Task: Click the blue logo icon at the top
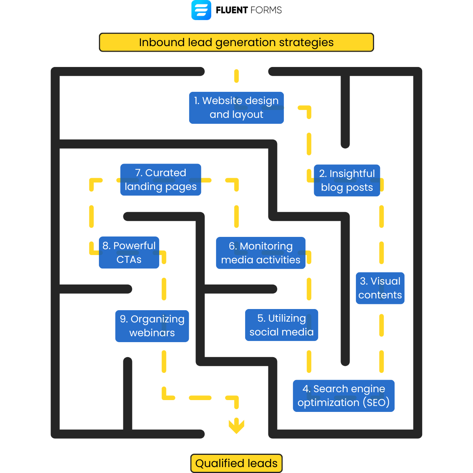[201, 10]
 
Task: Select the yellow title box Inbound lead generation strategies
[236, 42]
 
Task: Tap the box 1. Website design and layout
[236, 108]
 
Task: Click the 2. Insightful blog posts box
[347, 180]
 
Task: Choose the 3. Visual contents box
[380, 288]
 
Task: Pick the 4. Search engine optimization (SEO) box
[343, 396]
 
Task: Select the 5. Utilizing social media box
[281, 325]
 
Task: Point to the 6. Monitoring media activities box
[261, 253]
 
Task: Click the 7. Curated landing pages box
[160, 180]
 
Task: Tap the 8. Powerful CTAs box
[129, 253]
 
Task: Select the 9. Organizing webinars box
[152, 326]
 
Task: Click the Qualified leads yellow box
[236, 463]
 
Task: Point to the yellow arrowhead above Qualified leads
[236, 426]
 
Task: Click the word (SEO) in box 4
[376, 402]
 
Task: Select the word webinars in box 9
[152, 333]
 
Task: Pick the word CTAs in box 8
[129, 260]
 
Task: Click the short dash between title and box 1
[236, 76]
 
